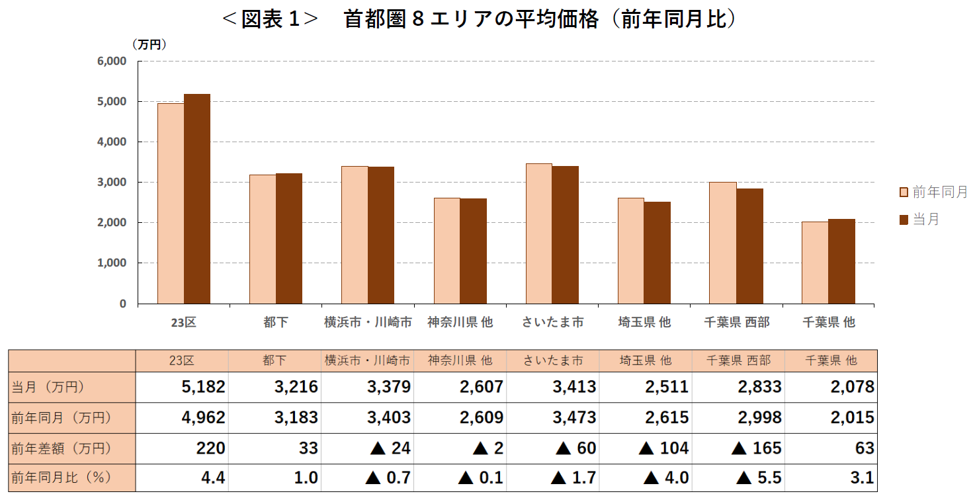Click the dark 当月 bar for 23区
(197, 198)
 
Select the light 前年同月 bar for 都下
(263, 239)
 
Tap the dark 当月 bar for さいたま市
(566, 235)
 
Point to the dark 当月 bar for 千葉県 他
(841, 261)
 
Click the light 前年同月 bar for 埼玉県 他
(631, 251)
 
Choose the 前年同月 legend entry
(933, 192)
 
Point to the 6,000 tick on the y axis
(112, 62)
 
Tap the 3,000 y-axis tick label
(112, 183)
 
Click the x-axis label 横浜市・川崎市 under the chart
(368, 323)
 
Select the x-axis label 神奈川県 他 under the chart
(460, 323)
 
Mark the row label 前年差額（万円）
(61, 448)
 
